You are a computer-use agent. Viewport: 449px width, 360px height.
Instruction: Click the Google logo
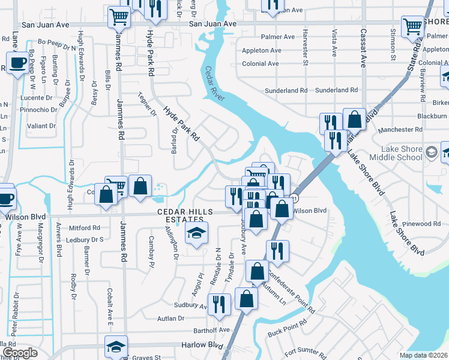tap(20, 352)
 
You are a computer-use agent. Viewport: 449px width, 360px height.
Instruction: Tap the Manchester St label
tap(393, 130)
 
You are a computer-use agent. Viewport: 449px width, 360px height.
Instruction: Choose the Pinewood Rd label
tap(421, 224)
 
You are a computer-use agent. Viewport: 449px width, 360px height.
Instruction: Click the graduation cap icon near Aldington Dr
tap(196, 235)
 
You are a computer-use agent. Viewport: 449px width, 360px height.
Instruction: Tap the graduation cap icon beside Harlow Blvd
tap(116, 347)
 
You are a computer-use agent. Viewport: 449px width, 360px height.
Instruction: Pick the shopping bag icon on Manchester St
tap(354, 119)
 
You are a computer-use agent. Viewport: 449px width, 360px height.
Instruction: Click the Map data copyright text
tap(423, 355)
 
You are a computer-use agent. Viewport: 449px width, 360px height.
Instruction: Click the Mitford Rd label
tap(84, 228)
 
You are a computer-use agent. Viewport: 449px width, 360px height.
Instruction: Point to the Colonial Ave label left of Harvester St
tap(260, 64)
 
